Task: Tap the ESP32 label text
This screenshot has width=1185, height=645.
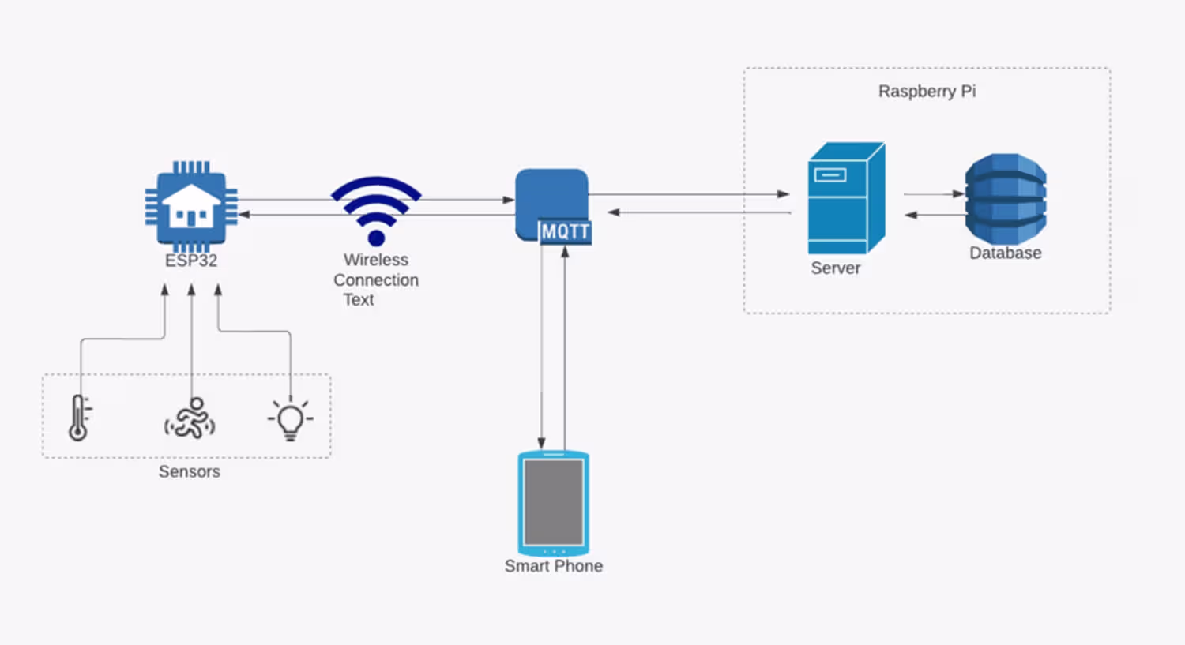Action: pos(191,261)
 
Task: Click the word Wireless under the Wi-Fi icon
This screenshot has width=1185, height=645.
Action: pos(376,260)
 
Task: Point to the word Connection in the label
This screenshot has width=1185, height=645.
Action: pos(376,280)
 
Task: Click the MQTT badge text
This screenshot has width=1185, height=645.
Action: pos(565,231)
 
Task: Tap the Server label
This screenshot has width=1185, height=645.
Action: pos(835,268)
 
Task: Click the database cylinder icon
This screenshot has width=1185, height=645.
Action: pos(1006,198)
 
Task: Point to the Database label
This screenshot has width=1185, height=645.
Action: pos(1005,253)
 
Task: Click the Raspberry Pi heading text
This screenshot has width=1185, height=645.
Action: pos(927,92)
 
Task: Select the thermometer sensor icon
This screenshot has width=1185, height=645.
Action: pos(78,418)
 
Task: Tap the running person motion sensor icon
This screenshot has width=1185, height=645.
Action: pos(190,418)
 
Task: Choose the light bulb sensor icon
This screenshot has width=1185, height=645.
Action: pos(290,418)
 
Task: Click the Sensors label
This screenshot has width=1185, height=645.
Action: pos(190,472)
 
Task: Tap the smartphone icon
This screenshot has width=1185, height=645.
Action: pos(554,504)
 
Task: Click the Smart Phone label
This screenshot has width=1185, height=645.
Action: pos(554,566)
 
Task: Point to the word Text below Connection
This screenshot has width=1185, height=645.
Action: pos(359,300)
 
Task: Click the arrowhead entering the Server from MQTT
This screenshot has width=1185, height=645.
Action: pos(783,193)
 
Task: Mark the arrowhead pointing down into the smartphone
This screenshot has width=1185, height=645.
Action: pos(542,443)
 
